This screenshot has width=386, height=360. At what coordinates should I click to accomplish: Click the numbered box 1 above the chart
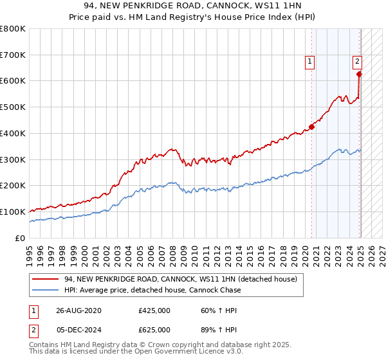click(x=310, y=62)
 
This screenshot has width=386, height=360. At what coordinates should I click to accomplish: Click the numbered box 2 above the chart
click(x=357, y=62)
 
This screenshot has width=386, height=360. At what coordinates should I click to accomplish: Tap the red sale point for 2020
click(x=311, y=127)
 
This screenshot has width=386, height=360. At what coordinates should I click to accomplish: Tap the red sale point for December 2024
click(x=360, y=74)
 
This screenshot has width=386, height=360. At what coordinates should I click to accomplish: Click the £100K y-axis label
click(x=13, y=212)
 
